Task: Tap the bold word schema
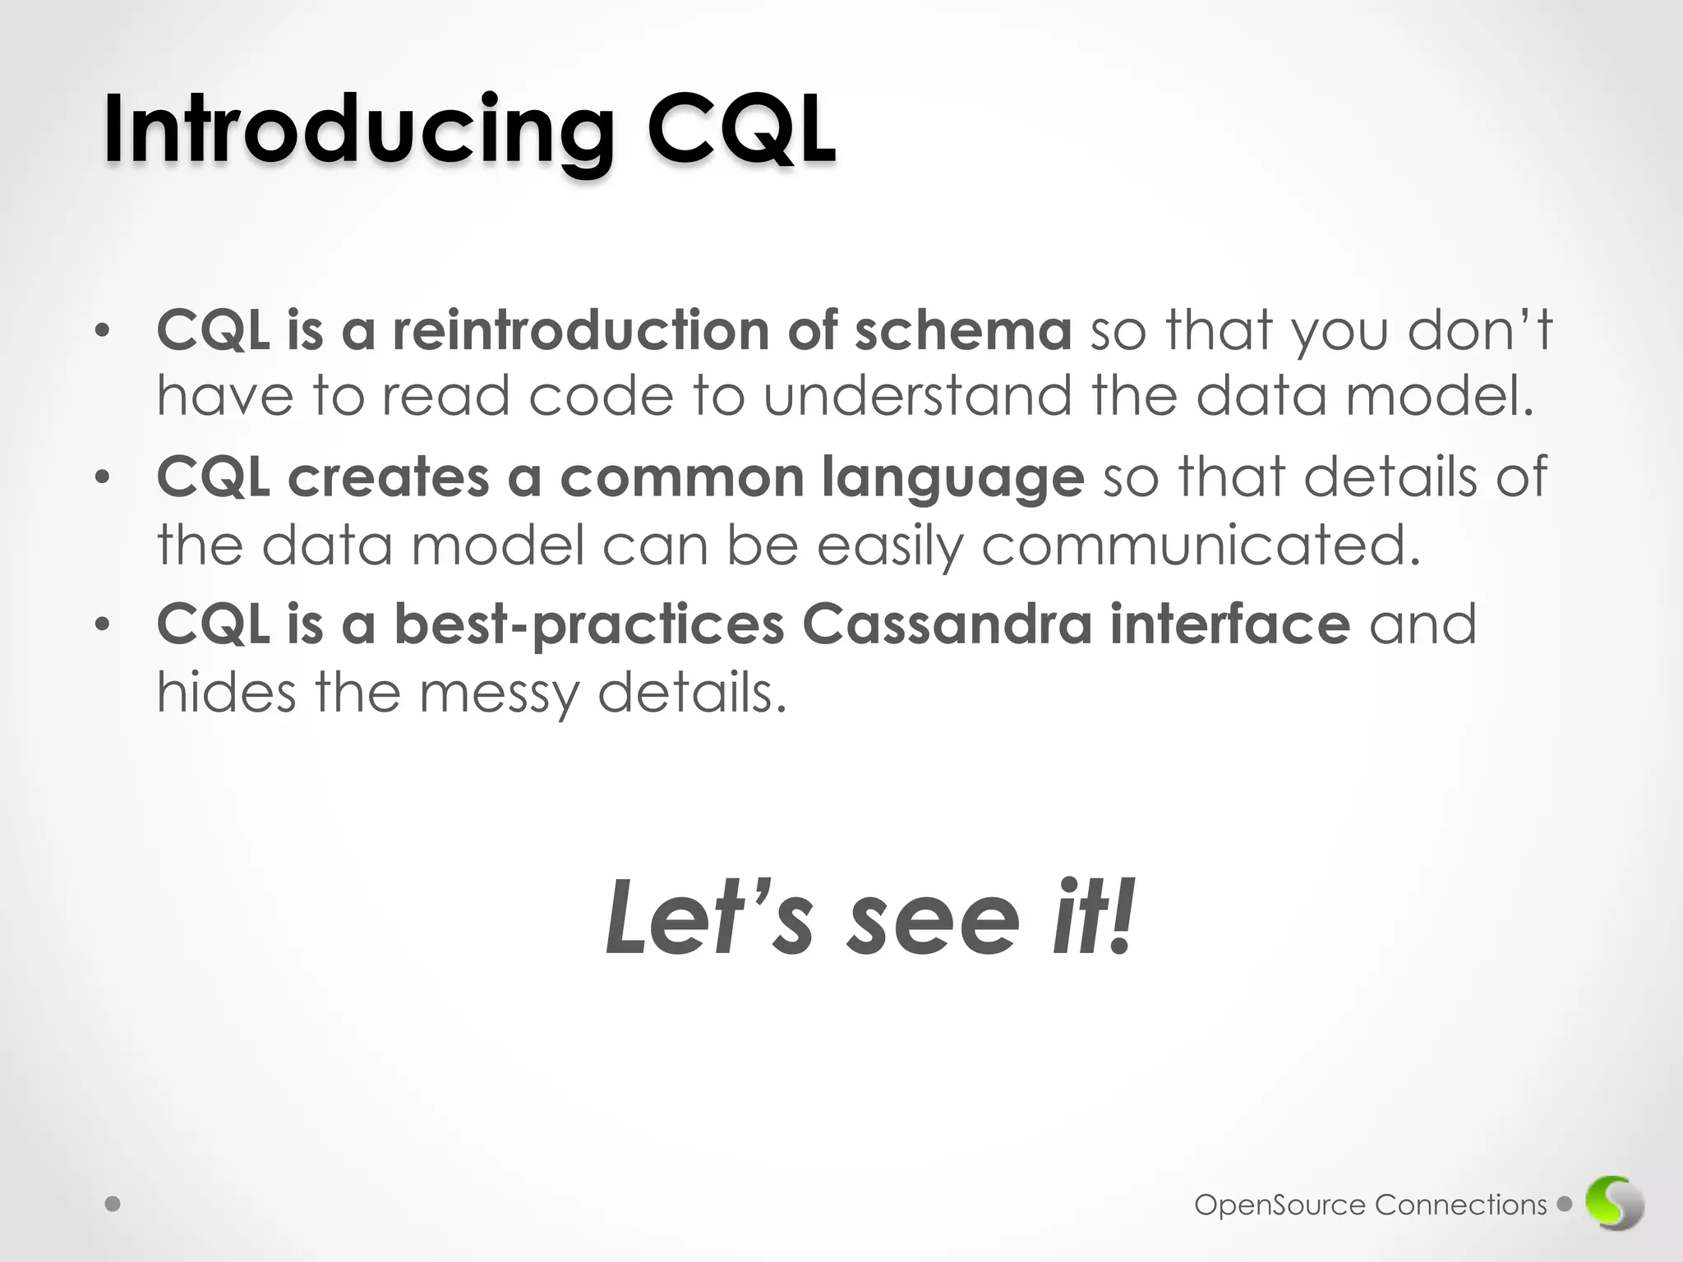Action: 962,330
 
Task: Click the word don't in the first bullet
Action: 1480,330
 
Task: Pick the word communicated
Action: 1201,546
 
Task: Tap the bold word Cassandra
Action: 947,624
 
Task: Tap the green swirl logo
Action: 1615,1204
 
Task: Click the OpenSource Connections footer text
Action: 1370,1204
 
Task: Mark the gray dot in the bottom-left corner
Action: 113,1204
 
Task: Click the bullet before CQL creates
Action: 101,478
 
